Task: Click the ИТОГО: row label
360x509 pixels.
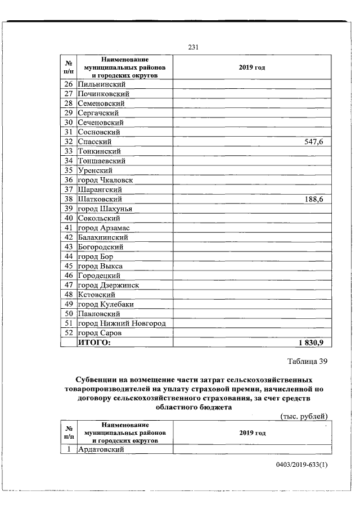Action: point(94,343)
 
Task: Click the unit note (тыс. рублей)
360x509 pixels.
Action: point(304,416)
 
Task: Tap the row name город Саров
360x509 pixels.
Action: point(101,333)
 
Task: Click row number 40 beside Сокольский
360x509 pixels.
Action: point(69,218)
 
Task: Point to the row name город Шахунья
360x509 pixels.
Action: point(105,209)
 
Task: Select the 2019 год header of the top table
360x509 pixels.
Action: point(251,67)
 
